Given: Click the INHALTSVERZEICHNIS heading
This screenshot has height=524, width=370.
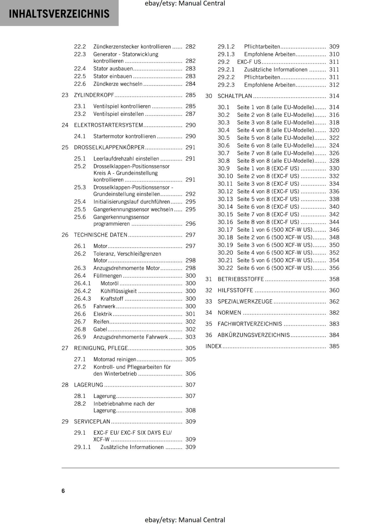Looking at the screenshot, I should click(59, 14).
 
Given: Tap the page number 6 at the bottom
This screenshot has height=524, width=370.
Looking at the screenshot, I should click(63, 491).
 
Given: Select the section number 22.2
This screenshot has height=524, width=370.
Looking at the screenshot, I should click(80, 47).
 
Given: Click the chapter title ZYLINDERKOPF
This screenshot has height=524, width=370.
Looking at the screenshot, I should click(94, 95).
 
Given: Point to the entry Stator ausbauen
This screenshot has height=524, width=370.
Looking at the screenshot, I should click(113, 68).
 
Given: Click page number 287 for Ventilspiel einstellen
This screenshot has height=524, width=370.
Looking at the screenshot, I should click(190, 114).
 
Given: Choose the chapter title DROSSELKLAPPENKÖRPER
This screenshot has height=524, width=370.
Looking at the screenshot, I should click(109, 147).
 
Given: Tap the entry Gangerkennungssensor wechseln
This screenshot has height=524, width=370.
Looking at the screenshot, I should click(133, 209).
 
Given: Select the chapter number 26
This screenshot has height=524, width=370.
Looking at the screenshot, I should click(65, 235).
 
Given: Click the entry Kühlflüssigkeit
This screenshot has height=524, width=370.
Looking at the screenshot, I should click(119, 291).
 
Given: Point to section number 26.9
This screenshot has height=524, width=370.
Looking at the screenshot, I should click(80, 337).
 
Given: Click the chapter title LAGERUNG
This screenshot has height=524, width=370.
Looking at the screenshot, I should click(88, 385).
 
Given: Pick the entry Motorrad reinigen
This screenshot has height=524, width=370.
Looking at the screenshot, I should click(115, 359).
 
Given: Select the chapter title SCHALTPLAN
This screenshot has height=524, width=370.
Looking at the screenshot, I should click(235, 96).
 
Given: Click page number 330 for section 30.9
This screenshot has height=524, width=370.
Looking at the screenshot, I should click(334, 168).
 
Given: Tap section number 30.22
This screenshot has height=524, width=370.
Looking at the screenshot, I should click(225, 268).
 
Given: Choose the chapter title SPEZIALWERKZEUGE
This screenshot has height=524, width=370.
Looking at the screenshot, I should click(245, 301).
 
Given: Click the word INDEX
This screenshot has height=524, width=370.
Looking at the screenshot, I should click(213, 346).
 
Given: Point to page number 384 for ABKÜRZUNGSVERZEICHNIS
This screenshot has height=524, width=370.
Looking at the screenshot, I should click(334, 335).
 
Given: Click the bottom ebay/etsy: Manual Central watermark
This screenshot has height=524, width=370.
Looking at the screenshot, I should click(185, 520).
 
